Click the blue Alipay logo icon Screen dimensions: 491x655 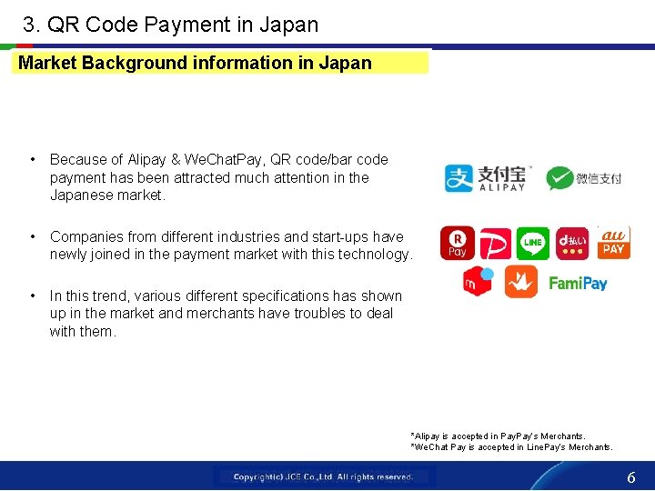pos(459,178)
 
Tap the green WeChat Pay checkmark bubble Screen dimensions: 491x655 pos(560,178)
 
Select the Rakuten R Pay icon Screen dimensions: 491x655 pos(457,244)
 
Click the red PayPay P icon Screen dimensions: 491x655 pos(496,244)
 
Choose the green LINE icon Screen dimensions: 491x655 pos(533,243)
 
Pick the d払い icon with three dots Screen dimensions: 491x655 pos(572,243)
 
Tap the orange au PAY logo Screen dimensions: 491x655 pos(614,243)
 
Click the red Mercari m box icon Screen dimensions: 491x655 pos(479,282)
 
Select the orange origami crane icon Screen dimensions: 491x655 pos(521,283)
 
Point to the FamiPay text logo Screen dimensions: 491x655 pos(578,284)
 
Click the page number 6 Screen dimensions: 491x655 pos(630,477)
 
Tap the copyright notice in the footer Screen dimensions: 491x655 pos(323,476)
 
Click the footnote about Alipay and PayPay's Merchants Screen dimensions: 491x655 pos(498,436)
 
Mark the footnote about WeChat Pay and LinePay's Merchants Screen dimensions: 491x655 pos(511,446)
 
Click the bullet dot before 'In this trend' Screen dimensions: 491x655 pos(33,296)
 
